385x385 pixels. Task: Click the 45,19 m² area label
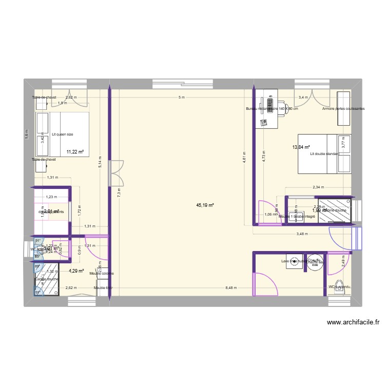pyautogui.click(x=205, y=205)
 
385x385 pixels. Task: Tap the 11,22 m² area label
pyautogui.click(x=75, y=151)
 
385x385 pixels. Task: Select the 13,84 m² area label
pyautogui.click(x=301, y=147)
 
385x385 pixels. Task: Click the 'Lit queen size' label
pyautogui.click(x=63, y=134)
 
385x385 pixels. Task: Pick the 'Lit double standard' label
pyautogui.click(x=324, y=153)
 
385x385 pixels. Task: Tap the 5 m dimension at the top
pyautogui.click(x=181, y=98)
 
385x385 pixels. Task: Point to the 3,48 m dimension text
pyautogui.click(x=302, y=234)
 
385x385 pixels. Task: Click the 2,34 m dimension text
pyautogui.click(x=318, y=187)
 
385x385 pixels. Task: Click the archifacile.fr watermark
pyautogui.click(x=352, y=323)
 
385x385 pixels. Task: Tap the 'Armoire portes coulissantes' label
pyautogui.click(x=343, y=109)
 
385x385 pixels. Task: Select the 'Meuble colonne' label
pyautogui.click(x=101, y=274)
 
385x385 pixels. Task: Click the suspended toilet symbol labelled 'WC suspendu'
pyautogui.click(x=339, y=290)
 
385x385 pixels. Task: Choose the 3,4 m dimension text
pyautogui.click(x=303, y=98)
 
